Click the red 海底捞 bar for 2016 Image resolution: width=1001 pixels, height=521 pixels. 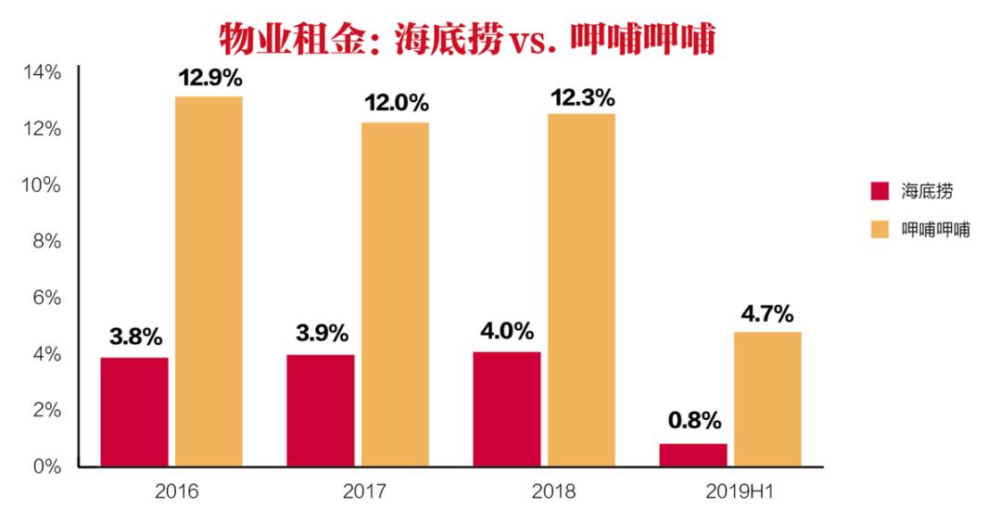134,412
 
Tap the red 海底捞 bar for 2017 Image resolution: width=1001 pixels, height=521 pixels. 320,411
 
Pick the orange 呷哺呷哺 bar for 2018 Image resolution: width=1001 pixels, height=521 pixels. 581,289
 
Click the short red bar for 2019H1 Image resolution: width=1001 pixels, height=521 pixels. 693,455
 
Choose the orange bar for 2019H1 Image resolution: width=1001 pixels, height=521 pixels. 767,399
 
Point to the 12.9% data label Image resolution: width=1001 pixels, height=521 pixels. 210,79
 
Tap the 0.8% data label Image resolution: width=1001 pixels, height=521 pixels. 694,421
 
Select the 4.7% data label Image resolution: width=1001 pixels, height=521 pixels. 767,313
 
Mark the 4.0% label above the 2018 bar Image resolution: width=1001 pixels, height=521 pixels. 508,331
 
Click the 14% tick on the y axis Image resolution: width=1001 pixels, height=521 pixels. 41,72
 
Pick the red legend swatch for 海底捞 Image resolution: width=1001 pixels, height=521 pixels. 880,192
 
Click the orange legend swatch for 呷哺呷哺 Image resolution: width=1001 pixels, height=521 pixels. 880,228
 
